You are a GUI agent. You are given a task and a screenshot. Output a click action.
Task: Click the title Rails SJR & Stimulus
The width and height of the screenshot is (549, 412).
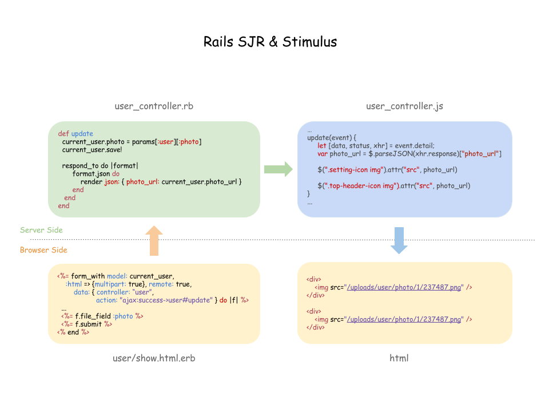pos(270,42)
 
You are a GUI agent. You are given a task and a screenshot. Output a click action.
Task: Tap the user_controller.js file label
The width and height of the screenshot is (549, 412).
pos(404,106)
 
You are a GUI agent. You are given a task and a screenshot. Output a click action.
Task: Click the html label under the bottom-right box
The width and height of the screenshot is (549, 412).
pos(399,358)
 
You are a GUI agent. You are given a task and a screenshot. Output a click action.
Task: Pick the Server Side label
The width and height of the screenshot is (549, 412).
pos(41,230)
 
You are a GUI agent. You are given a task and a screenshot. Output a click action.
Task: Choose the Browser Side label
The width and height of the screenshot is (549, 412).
pos(43,250)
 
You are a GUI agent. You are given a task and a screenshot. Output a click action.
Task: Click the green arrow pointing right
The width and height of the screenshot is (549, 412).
pos(278,169)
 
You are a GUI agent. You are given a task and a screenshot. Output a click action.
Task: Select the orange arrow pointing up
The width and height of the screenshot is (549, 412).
pos(154,240)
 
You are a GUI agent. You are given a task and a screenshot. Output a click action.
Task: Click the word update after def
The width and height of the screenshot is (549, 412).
pos(82,134)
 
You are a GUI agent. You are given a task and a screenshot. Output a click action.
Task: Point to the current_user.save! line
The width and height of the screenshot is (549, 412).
pos(91,150)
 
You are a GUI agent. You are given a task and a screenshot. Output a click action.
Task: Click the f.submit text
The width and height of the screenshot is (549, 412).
pos(88,324)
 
